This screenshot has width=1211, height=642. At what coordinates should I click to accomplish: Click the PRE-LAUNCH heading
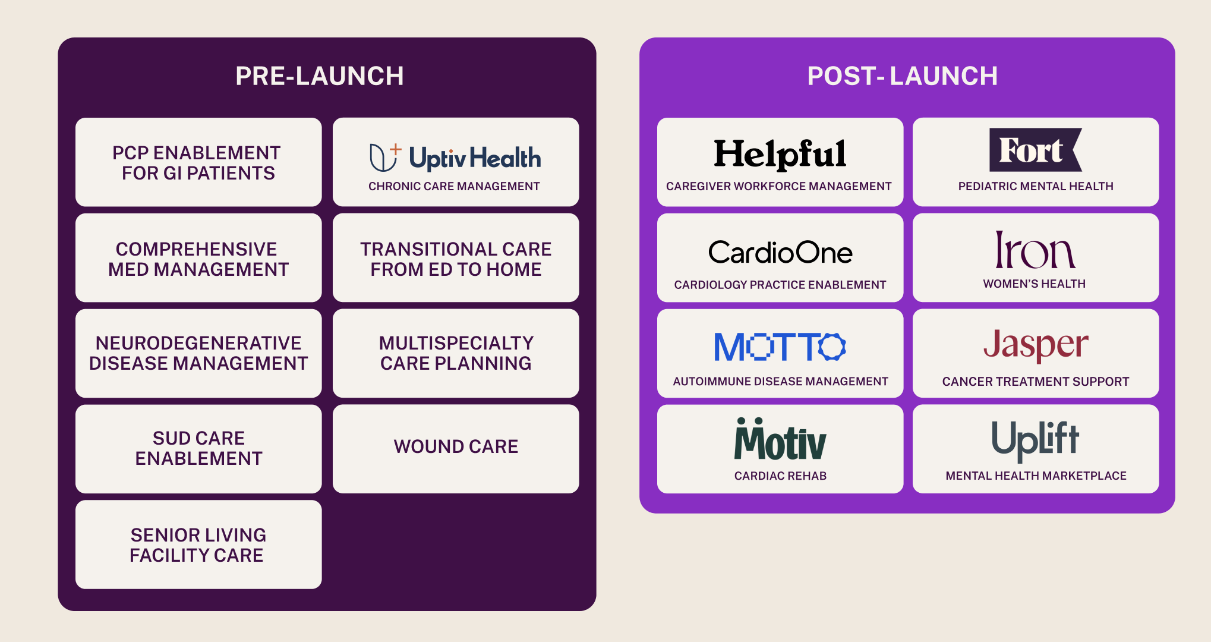coord(320,76)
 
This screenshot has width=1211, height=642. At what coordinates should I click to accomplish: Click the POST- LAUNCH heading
coord(902,76)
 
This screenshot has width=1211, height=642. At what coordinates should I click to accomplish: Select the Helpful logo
coord(780,153)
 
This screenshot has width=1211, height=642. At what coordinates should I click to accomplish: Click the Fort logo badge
coord(1035,150)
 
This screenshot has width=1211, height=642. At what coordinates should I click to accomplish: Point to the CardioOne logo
coord(780,253)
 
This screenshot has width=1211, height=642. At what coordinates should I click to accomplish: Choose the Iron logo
coord(1035,251)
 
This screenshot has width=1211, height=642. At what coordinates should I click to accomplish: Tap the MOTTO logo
coord(780,347)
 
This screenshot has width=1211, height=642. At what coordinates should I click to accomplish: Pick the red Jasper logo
coord(1035,345)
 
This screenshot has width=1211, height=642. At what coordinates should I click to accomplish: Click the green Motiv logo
coord(780,440)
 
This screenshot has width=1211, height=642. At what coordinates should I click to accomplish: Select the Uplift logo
coord(1035,440)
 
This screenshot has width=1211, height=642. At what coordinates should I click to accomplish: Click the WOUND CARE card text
coord(456,446)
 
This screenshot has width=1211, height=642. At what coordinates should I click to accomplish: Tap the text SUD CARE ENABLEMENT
coord(198,448)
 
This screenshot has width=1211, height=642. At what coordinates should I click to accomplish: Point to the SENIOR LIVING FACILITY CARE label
coord(198,545)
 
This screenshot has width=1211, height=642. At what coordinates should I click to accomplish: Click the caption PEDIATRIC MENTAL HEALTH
coord(1035,186)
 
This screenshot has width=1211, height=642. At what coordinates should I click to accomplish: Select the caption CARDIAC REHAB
coord(780,476)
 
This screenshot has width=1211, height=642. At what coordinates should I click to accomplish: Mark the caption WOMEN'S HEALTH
coord(1034,284)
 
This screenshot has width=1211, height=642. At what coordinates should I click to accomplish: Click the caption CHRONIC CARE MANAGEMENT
coord(454,186)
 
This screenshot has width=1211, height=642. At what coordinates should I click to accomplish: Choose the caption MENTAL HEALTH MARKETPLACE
coord(1036,476)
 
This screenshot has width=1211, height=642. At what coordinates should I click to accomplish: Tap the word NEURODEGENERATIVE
coord(198,343)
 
